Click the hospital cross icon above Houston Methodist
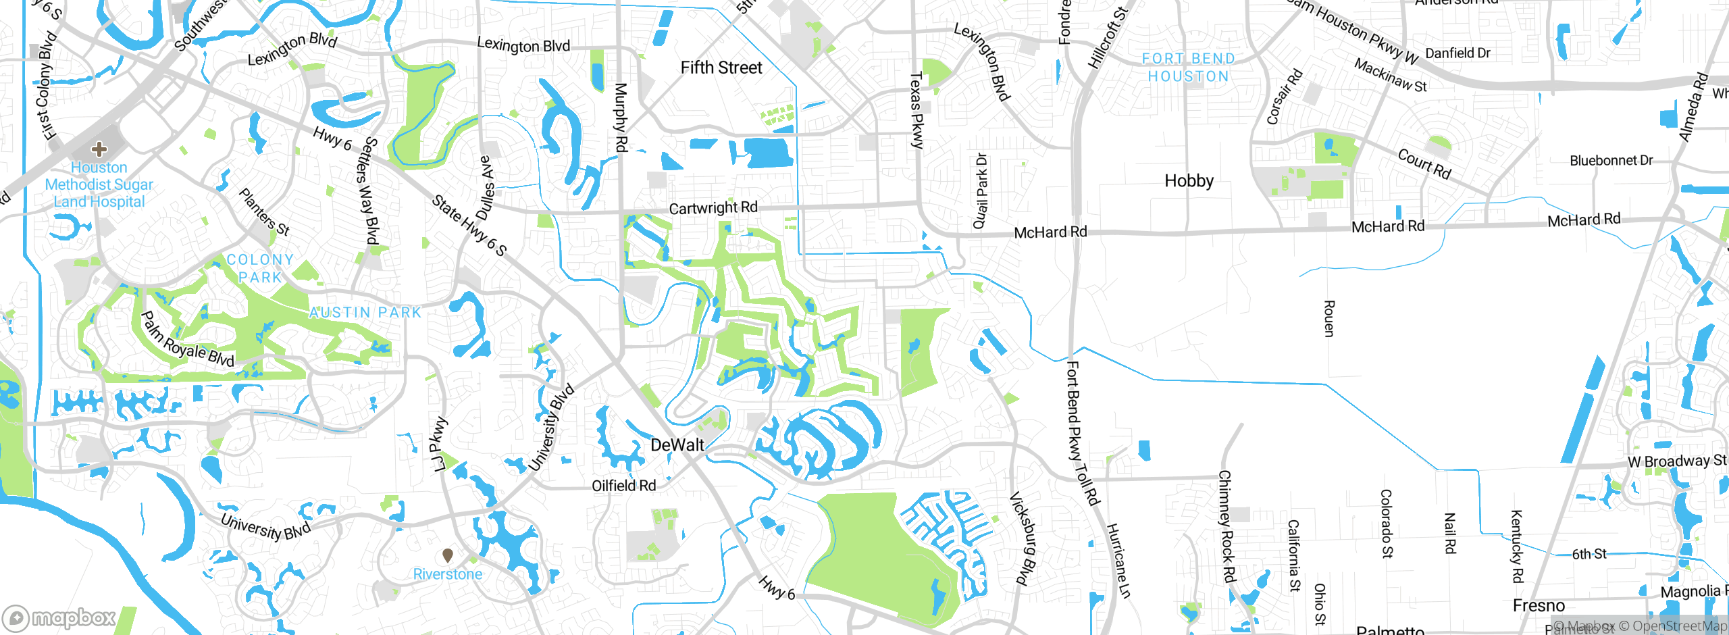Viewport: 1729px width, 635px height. coord(99,149)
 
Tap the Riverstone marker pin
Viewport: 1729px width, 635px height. coord(447,555)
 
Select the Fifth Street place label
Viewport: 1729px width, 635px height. coord(721,68)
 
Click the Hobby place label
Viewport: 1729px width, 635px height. coord(1189,180)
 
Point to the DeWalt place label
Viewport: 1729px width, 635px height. coord(677,445)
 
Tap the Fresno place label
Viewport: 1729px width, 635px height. coord(1539,605)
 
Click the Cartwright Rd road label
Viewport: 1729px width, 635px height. coord(713,208)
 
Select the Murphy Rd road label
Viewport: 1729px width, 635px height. coord(621,117)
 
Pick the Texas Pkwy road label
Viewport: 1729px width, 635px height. coord(916,110)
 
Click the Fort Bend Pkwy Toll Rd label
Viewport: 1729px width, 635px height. coord(1082,432)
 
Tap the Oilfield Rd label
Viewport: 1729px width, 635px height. coord(623,486)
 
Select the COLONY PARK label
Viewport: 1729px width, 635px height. coord(260,268)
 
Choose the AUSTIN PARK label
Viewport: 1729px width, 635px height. coord(365,312)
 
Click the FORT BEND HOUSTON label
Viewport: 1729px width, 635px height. coord(1189,68)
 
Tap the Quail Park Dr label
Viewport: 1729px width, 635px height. coord(981,191)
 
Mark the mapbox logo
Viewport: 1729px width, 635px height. coord(59,617)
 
